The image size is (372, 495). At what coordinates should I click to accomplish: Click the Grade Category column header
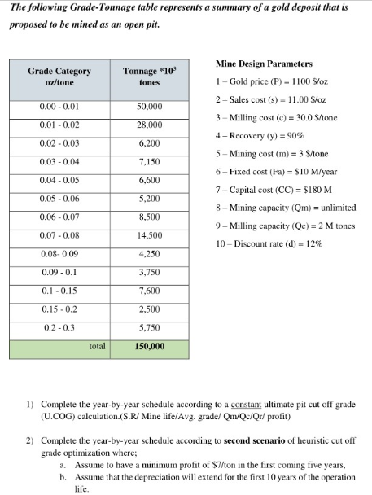point(59,77)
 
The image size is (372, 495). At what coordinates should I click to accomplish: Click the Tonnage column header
point(149,77)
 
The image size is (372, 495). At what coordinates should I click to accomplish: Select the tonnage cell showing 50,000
point(149,107)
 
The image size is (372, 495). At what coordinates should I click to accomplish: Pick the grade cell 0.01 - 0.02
point(59,125)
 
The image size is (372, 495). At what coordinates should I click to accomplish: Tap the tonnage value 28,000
point(149,125)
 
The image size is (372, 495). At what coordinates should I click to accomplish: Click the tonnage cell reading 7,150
point(149,162)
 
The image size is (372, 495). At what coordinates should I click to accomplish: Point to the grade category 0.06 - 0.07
point(59,217)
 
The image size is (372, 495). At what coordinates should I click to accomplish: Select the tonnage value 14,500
point(149,235)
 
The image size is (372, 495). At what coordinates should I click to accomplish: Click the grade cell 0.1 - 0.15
point(59,291)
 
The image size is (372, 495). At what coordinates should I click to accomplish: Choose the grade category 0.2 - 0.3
point(59,327)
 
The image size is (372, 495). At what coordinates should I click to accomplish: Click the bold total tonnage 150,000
point(149,346)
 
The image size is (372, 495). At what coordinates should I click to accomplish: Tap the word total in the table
point(98,346)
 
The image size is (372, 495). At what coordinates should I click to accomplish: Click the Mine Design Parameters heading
point(264,64)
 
